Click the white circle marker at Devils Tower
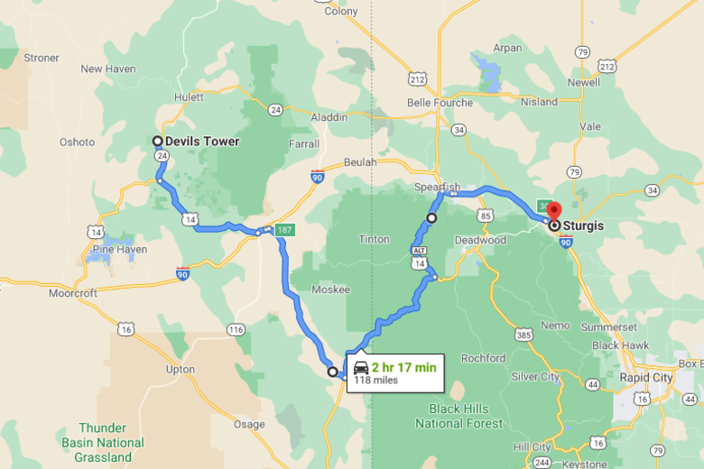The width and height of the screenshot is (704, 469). [157, 141]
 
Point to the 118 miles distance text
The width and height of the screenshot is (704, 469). [375, 381]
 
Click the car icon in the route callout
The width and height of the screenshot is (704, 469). [361, 367]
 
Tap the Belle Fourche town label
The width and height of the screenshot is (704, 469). [440, 103]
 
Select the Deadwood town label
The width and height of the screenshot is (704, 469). [479, 240]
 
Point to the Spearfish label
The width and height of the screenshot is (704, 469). [437, 187]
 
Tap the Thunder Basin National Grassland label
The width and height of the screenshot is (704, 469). [103, 442]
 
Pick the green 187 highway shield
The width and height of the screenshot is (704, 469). [285, 228]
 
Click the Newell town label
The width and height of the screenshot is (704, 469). [583, 82]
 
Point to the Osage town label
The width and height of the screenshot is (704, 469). [249, 424]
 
